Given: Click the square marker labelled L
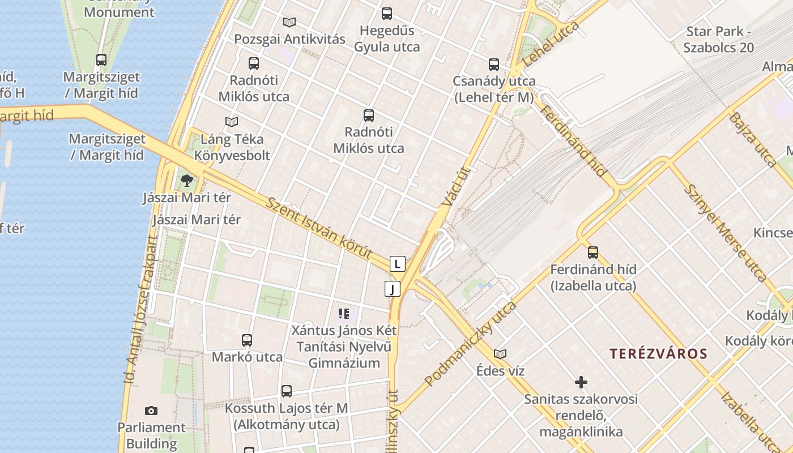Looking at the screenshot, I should pyautogui.click(x=398, y=263).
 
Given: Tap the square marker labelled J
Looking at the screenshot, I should pyautogui.click(x=392, y=289).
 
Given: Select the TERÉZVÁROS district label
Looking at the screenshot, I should pyautogui.click(x=658, y=354).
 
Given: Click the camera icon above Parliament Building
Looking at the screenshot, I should pyautogui.click(x=151, y=411).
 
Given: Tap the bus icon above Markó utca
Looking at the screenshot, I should pyautogui.click(x=247, y=340).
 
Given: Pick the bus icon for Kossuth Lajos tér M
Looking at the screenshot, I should pyautogui.click(x=287, y=391).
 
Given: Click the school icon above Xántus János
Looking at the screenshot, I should pyautogui.click(x=343, y=313).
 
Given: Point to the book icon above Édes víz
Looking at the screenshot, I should pyautogui.click(x=500, y=354).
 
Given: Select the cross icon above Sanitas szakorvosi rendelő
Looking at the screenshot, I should pyautogui.click(x=581, y=382).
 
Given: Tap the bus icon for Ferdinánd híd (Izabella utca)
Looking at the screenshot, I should pyautogui.click(x=593, y=252).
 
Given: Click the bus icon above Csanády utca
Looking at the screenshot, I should pyautogui.click(x=494, y=65).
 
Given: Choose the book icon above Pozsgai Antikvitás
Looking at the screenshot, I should pyautogui.click(x=289, y=23).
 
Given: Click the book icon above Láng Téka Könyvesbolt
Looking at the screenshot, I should pyautogui.click(x=232, y=122).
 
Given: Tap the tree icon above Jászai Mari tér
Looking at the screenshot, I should pyautogui.click(x=187, y=181).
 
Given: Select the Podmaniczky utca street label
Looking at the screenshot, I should pyautogui.click(x=470, y=344).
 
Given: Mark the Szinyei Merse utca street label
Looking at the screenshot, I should pyautogui.click(x=726, y=232).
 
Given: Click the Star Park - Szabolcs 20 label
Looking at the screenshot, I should pyautogui.click(x=718, y=40).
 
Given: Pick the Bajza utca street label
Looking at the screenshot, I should pyautogui.click(x=753, y=139).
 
